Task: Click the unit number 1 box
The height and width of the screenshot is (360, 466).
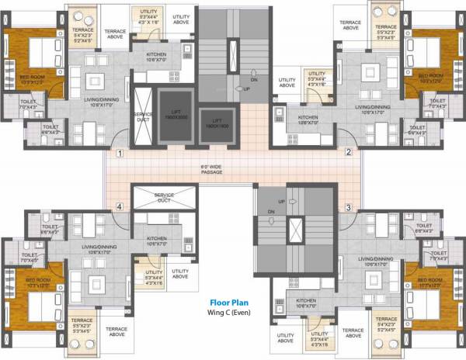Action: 120,154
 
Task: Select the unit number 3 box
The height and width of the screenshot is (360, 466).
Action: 349,207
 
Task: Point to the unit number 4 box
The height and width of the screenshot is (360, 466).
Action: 120,207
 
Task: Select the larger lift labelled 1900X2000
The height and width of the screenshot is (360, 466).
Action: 176,114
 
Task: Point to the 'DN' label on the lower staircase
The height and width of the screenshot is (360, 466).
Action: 271,212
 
